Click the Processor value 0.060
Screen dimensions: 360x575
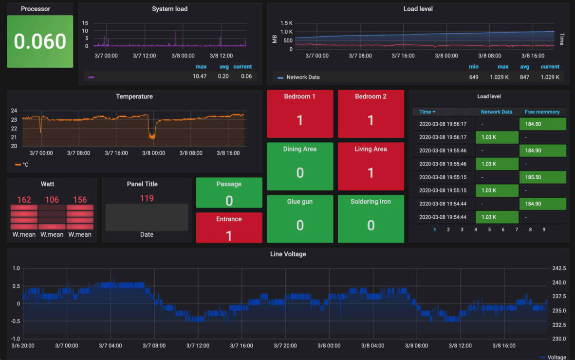pos(40,41)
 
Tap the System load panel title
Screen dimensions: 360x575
pos(169,9)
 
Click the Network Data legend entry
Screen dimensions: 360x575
pos(302,77)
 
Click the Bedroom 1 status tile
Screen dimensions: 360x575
pos(300,114)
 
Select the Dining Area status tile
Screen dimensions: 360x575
pos(300,166)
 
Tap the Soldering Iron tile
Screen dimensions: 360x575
pos(371,219)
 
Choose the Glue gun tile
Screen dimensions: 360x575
pos(300,219)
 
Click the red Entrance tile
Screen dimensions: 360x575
pos(229,227)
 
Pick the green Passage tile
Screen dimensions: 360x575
pos(229,192)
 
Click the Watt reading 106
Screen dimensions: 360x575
pos(52,200)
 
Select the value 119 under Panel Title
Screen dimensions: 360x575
pos(147,198)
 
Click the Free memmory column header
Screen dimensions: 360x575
pos(542,112)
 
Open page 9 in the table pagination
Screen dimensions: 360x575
pos(544,229)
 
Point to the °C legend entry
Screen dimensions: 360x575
pos(22,165)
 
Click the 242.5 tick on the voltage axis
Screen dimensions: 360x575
pos(558,268)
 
